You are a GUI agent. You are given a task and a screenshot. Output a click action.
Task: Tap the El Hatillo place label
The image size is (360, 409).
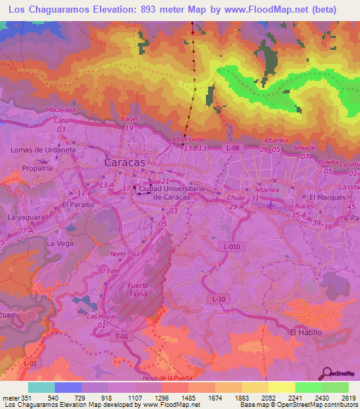point(306,332)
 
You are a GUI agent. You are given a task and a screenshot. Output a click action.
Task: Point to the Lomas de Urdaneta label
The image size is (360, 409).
point(43,150)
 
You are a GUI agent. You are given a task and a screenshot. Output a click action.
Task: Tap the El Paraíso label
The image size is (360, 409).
point(77,204)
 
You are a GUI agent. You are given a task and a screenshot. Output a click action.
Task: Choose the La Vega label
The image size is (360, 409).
point(60,243)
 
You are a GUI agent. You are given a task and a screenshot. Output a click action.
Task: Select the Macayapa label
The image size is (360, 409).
point(60,110)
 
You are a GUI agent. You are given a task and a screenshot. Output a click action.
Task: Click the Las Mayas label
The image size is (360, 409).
point(101,316)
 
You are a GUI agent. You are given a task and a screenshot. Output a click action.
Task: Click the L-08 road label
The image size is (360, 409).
point(233,148)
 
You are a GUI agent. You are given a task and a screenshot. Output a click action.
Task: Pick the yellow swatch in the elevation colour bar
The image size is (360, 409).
point(281,387)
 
